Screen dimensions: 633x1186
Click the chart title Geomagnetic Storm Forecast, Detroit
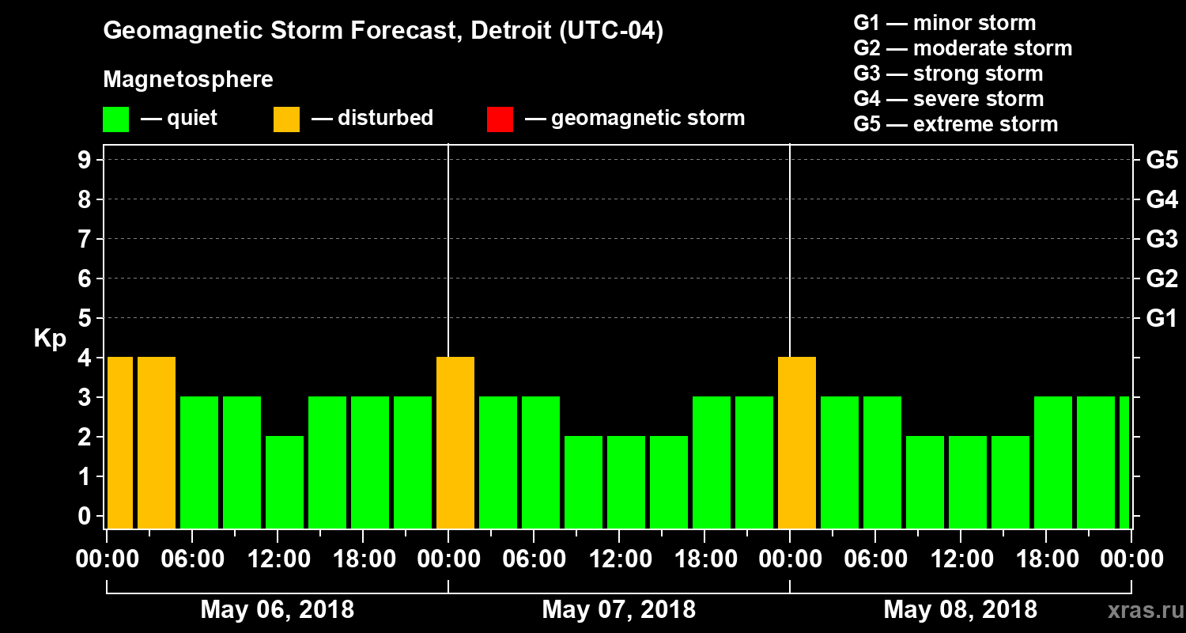pos(383,32)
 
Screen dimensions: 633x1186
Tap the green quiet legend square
pos(115,119)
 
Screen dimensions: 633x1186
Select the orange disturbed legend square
pos(286,119)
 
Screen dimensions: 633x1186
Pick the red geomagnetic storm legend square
pos(500,119)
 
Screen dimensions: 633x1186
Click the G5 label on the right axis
pos(1161,161)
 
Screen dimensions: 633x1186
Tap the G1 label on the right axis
pos(1161,319)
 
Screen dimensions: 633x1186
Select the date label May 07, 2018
pos(619,610)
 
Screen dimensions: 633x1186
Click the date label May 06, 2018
pos(278,610)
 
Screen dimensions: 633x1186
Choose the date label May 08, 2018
pos(960,610)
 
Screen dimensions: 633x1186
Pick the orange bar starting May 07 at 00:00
pos(455,442)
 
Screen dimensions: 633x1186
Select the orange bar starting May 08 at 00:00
pos(797,442)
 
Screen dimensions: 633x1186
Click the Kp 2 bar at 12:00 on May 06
pos(285,482)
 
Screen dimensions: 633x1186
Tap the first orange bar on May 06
pos(120,442)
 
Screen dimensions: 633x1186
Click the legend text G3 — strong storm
pos(948,74)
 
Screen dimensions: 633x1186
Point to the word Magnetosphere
pos(188,80)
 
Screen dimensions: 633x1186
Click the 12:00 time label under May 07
pos(619,559)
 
